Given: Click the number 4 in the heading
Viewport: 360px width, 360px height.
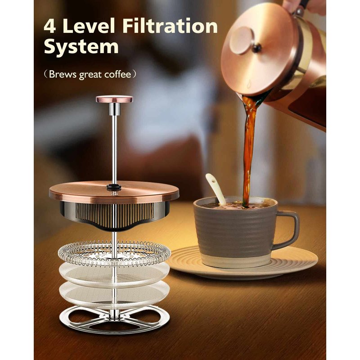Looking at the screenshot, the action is tap(49, 26).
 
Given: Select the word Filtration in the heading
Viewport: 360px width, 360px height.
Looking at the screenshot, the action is tap(170, 26).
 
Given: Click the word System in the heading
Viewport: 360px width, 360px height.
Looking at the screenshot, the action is tap(81, 47).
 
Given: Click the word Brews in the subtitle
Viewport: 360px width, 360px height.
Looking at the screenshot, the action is tap(63, 74).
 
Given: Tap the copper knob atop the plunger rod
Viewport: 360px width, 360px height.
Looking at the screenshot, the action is tap(114, 99).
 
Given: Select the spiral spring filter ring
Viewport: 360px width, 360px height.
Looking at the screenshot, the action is tap(114, 254).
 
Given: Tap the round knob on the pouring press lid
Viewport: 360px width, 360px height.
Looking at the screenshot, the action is tap(242, 40).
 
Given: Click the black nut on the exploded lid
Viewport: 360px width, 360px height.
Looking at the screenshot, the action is tap(114, 187).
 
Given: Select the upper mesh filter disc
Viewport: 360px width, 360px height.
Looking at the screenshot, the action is tap(114, 274).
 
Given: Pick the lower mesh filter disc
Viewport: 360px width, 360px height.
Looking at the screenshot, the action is tap(114, 293).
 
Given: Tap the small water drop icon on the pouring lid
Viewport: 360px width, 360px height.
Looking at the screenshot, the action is tap(249, 84).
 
